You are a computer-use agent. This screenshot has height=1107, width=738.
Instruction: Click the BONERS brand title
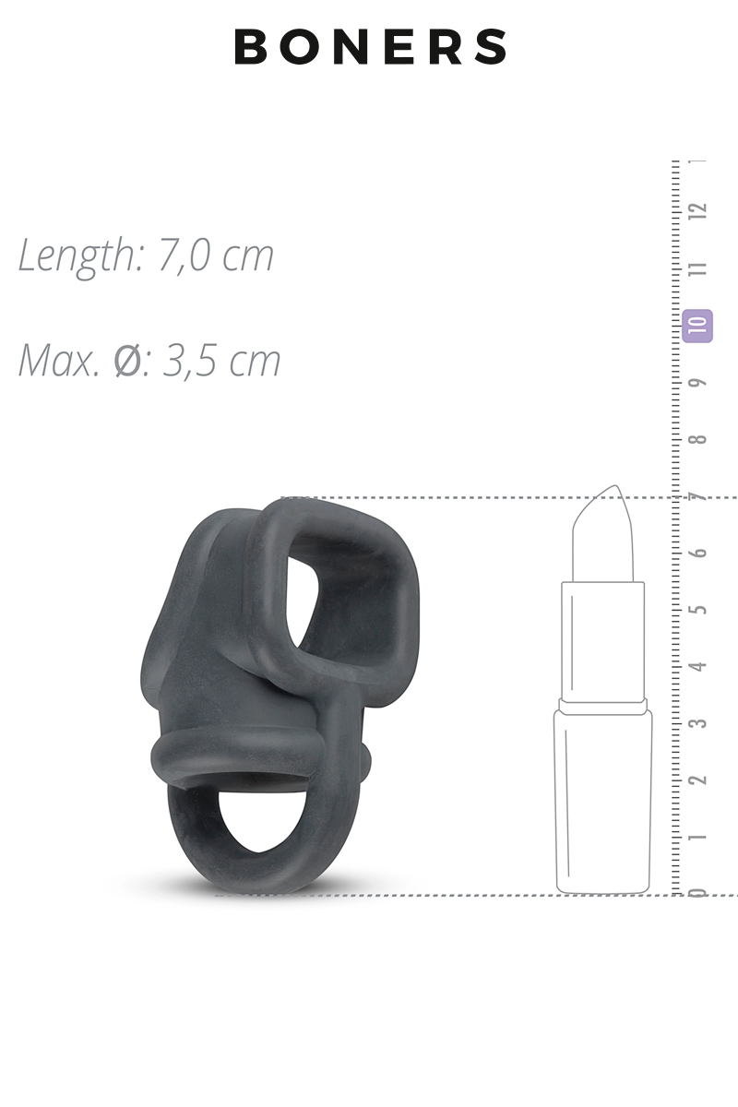(x=370, y=46)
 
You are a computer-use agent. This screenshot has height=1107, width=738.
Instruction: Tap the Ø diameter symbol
(x=127, y=361)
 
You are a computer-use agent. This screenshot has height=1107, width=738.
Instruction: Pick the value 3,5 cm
(x=222, y=361)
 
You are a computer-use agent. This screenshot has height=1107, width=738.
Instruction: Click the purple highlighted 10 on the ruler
(x=697, y=326)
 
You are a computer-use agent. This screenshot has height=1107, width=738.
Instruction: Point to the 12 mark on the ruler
(x=697, y=211)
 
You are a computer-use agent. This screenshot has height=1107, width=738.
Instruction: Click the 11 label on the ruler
(x=697, y=268)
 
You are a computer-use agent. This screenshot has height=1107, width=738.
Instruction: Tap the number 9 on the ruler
(x=697, y=383)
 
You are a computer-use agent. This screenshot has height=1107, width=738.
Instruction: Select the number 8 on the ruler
(x=697, y=439)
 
